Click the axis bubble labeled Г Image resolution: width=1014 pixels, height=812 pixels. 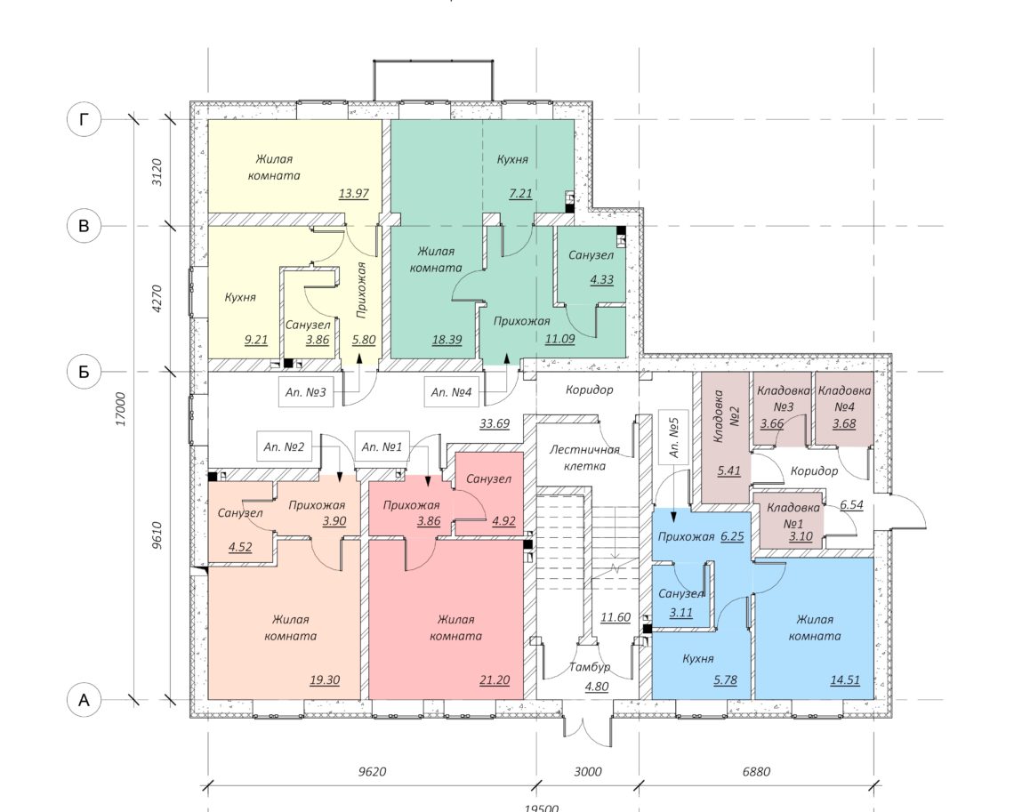[x=84, y=119]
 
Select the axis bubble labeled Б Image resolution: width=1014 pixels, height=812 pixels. [x=84, y=372]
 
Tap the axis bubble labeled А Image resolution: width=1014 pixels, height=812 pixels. [x=84, y=700]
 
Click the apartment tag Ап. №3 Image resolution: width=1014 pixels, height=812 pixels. [x=306, y=392]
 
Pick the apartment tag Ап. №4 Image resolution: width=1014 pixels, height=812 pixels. [x=451, y=392]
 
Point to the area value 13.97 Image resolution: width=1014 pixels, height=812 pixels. [x=354, y=193]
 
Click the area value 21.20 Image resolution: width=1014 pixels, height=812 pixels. [x=495, y=680]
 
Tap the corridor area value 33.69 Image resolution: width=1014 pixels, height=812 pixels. [x=495, y=424]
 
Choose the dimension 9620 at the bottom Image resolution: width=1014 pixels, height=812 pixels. [x=372, y=771]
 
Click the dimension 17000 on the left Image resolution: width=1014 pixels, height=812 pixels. [x=121, y=408]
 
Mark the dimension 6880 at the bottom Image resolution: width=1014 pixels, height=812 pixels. [x=756, y=771]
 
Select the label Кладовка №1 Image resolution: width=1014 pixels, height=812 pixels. [x=793, y=515]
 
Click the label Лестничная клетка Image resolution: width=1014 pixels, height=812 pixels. [x=584, y=457]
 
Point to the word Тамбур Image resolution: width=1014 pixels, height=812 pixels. [x=590, y=667]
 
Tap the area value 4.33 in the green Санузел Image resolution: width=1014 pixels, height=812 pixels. [x=601, y=280]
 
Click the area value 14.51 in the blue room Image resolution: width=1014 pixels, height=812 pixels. [x=845, y=680]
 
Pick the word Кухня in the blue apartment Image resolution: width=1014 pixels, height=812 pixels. [x=698, y=659]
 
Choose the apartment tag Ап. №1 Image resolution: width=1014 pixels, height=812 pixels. [x=382, y=446]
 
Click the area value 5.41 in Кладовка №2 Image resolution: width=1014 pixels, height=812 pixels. [x=728, y=470]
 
